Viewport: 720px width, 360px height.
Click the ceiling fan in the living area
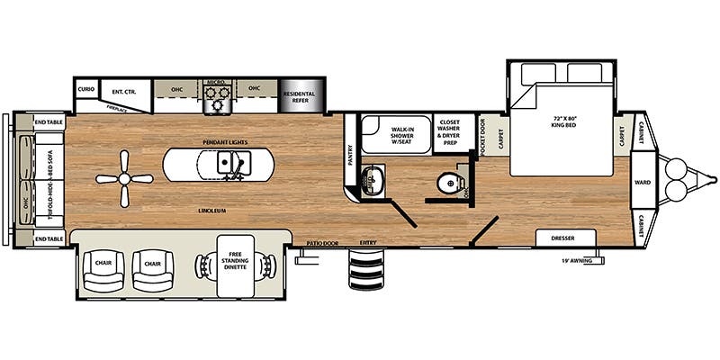point(124,178)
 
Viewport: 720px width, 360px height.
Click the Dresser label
point(567,238)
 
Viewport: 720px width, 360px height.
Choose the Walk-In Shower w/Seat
point(396,135)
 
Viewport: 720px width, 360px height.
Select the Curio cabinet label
point(86,90)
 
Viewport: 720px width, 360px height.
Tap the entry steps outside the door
point(366,268)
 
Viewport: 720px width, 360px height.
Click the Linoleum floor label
point(213,210)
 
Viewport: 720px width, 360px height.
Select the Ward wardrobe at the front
point(643,180)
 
